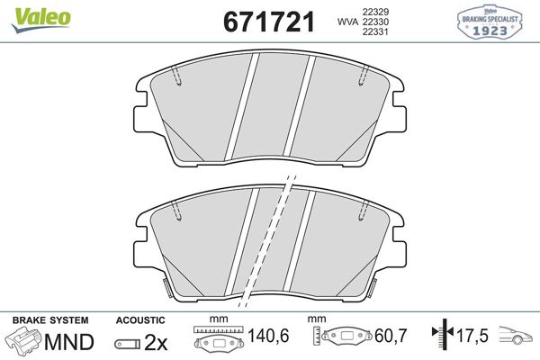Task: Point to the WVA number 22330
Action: point(374,22)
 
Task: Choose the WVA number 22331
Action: point(374,33)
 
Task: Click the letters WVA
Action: point(345,22)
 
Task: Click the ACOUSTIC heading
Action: point(140,319)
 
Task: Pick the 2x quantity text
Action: point(157,342)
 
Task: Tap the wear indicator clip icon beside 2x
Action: point(128,343)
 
